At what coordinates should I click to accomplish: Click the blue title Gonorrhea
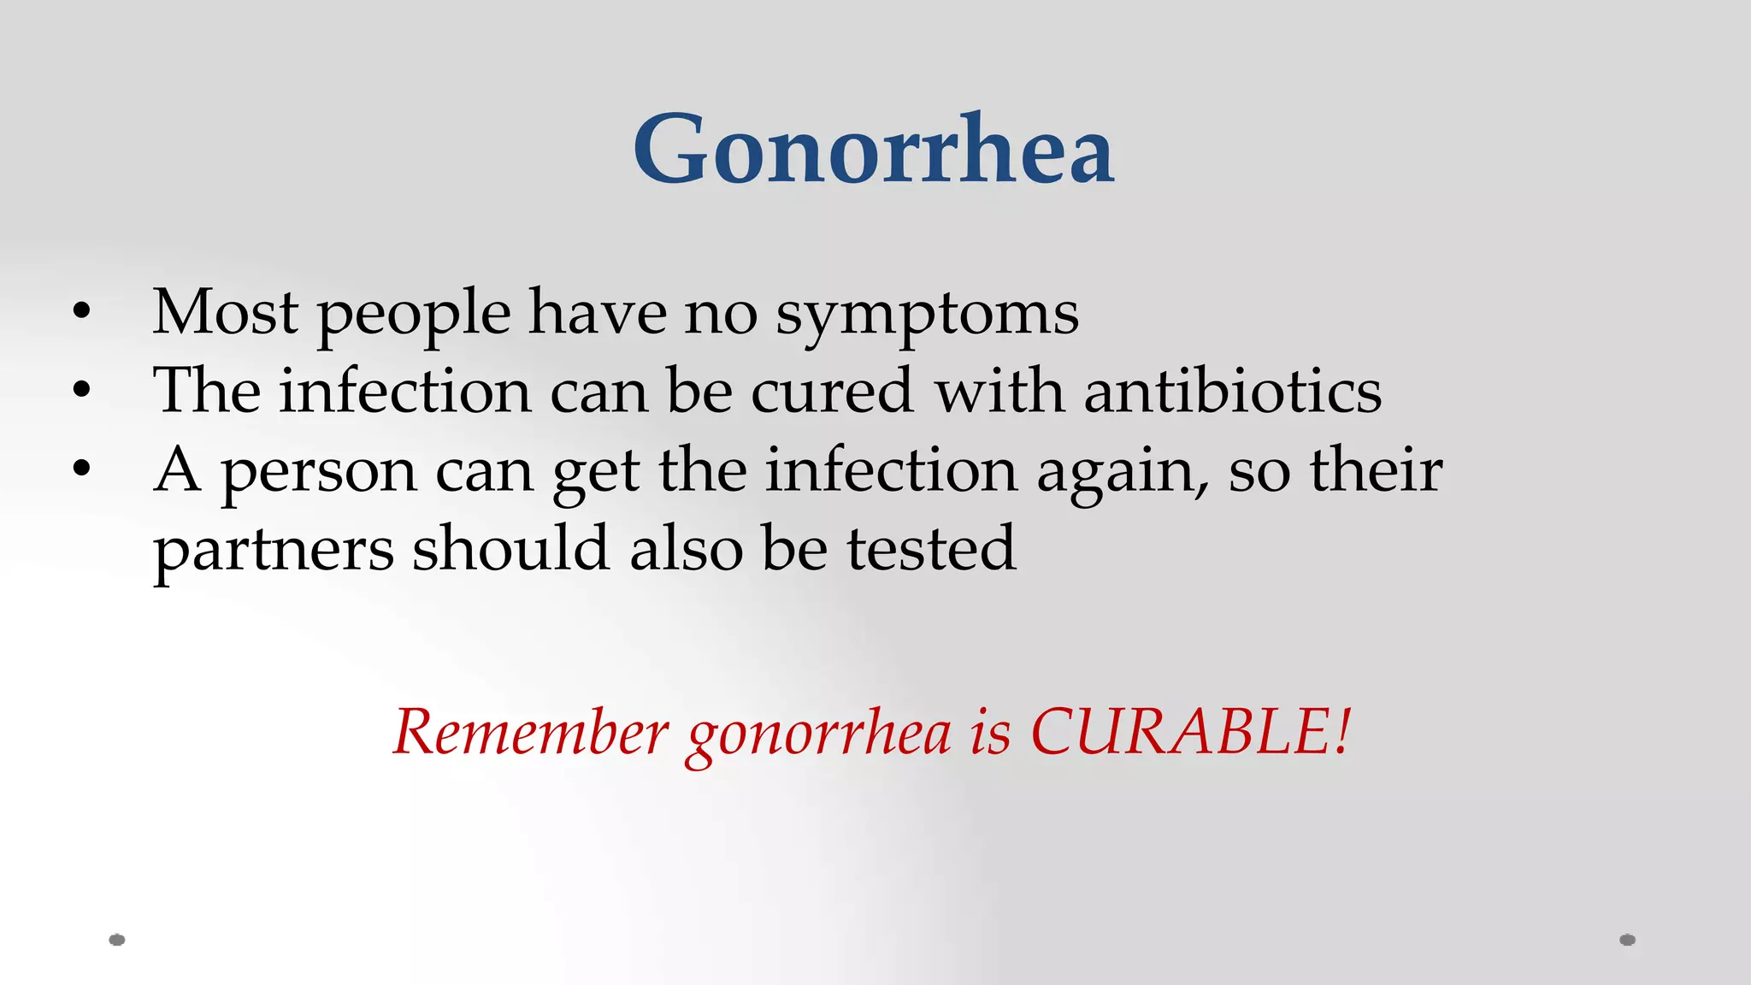tap(874, 150)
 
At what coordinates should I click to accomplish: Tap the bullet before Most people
tap(81, 312)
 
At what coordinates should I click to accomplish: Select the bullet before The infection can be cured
tap(81, 391)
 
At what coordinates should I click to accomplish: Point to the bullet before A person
tap(81, 469)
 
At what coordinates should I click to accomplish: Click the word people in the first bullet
tap(414, 316)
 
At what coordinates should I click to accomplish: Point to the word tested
tap(931, 548)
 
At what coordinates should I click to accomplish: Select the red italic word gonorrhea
tap(819, 735)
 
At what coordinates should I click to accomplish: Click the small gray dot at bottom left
tap(117, 940)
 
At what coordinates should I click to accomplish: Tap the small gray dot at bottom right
tap(1627, 940)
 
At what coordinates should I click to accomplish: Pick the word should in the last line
tap(510, 548)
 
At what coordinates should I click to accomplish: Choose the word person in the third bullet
tap(319, 473)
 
